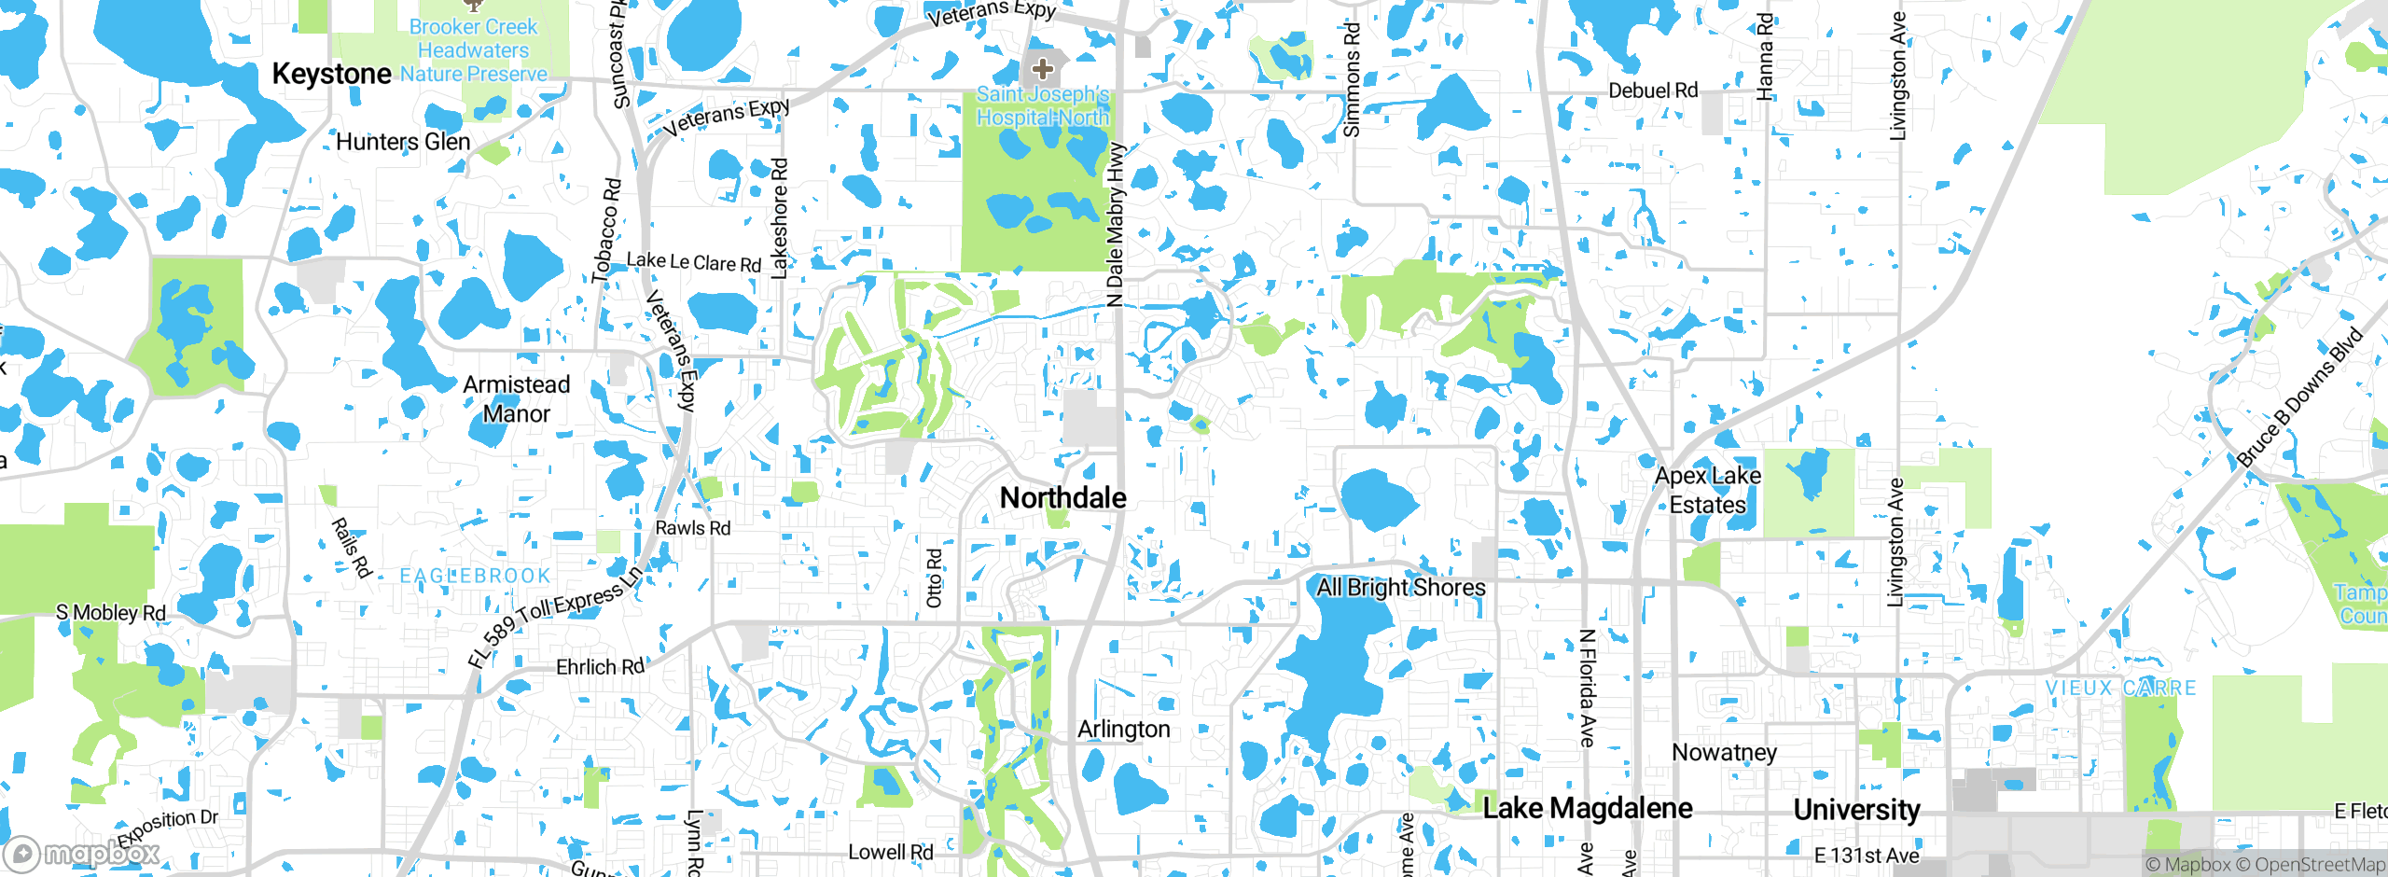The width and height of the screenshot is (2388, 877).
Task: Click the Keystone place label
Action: click(331, 74)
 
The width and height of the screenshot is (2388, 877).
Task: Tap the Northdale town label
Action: click(1062, 498)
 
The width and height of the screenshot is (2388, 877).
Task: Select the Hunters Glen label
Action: click(403, 142)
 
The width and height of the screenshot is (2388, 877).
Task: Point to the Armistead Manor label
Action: click(516, 398)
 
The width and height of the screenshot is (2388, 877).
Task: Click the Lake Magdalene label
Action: click(1588, 808)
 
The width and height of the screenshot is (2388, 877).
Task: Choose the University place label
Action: click(1856, 810)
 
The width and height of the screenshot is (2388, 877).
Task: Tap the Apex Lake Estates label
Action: click(1708, 490)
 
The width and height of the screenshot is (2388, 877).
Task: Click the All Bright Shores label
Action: click(1401, 587)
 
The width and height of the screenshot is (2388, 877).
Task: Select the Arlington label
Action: click(1123, 730)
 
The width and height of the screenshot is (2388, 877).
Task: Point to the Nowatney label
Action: click(1724, 752)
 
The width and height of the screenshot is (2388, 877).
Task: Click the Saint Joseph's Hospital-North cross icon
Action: click(1043, 68)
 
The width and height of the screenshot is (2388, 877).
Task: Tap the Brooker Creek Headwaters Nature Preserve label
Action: click(474, 50)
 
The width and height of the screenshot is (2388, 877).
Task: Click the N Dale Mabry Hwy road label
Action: click(1116, 225)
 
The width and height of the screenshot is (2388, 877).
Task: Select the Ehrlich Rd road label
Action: click(600, 667)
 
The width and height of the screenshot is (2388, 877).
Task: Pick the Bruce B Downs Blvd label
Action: click(2299, 397)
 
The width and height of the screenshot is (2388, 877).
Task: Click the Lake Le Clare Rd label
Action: click(694, 262)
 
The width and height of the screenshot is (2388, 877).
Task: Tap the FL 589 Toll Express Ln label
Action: click(556, 616)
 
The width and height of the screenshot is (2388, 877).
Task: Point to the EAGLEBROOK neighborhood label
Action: click(475, 577)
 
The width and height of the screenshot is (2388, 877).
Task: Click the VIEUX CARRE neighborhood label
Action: click(2120, 689)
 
